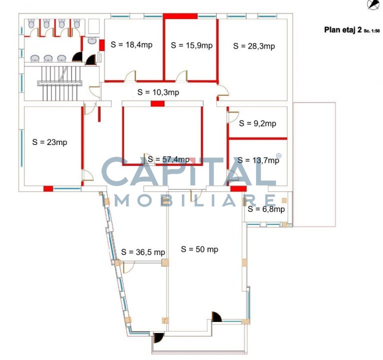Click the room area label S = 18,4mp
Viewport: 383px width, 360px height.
131,44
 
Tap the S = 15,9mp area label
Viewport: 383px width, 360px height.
191,45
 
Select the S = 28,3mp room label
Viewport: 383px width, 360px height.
254,46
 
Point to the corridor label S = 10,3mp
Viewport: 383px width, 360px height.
158,92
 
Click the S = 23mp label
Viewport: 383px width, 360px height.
49,142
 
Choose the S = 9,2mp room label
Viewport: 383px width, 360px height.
257,123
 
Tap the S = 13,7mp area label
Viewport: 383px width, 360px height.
258,160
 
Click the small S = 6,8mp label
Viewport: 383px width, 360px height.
266,209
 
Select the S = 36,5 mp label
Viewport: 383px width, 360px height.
143,252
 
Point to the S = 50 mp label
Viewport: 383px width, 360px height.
199,249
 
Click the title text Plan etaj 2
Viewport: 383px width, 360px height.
343,30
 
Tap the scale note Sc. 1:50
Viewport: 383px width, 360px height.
372,31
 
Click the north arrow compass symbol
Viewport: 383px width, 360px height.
373,4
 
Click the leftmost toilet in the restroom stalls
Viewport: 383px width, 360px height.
31,23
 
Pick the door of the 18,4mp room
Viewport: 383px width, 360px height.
130,76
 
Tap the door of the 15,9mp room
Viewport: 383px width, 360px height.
181,76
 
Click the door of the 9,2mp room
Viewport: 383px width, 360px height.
233,117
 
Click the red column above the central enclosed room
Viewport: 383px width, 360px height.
157,104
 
